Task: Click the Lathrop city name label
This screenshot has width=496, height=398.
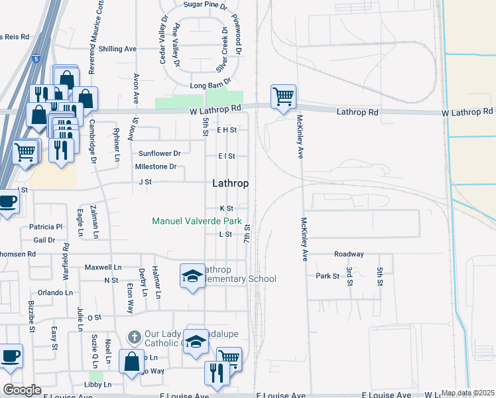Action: click(x=231, y=184)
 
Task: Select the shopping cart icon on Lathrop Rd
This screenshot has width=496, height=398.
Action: click(x=283, y=97)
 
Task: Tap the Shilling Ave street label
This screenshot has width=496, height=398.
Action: click(x=117, y=49)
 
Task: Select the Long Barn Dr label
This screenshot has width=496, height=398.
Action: click(x=210, y=86)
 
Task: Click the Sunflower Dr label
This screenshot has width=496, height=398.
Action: click(x=159, y=153)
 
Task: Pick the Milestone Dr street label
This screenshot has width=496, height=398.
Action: click(x=156, y=166)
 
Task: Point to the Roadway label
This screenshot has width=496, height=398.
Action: click(x=349, y=254)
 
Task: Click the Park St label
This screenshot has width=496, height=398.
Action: click(x=327, y=276)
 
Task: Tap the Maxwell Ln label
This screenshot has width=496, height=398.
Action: click(x=103, y=267)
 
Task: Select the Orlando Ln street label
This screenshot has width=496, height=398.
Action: click(x=55, y=293)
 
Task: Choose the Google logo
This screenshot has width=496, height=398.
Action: click(x=23, y=390)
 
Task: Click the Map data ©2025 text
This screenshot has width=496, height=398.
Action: click(x=467, y=393)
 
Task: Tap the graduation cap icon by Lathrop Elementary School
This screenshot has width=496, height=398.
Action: click(x=192, y=275)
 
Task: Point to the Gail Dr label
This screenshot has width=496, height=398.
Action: click(x=44, y=240)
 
